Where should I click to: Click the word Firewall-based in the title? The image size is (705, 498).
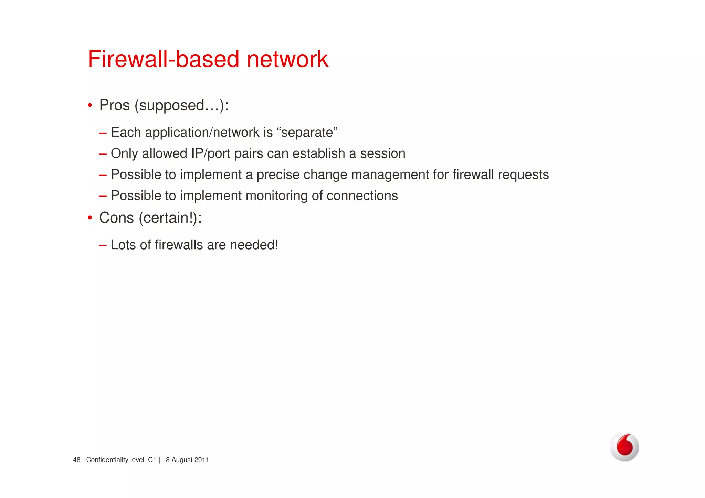coord(164,59)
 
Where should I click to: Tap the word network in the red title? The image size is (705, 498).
coord(287,59)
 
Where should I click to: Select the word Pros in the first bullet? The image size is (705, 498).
coord(115,105)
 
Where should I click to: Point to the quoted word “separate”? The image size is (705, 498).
coord(307,133)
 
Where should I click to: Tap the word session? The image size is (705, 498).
coord(382,154)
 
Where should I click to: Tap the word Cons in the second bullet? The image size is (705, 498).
coord(116,218)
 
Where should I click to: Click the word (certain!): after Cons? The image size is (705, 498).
coord(170,218)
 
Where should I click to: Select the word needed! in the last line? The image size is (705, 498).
coord(254,245)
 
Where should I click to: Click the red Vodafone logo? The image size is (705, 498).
coord(624,447)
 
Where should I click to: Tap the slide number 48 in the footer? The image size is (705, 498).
coord(76,460)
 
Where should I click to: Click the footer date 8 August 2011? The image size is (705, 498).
coord(187,460)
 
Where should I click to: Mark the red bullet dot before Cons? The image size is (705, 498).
coord(90,218)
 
